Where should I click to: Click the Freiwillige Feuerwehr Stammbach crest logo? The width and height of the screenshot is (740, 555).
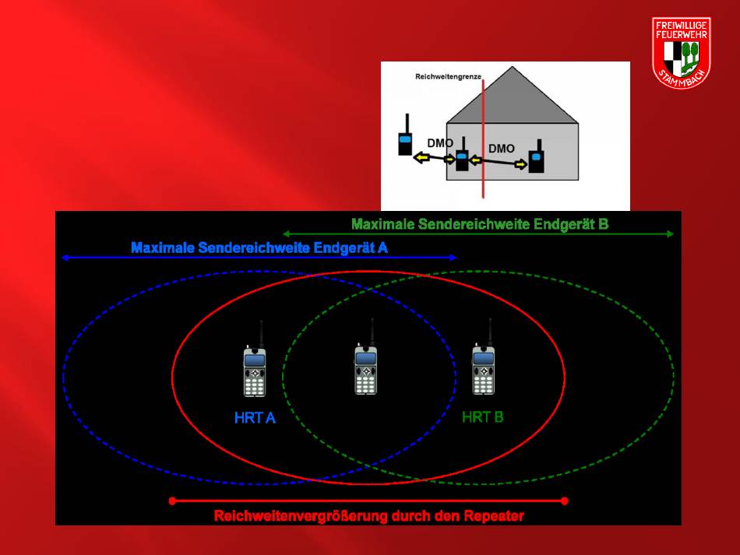682,52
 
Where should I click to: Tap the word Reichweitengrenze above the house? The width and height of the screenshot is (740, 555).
448,76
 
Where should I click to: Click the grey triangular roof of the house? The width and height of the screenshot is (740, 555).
512,95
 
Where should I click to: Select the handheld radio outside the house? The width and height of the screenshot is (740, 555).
405,135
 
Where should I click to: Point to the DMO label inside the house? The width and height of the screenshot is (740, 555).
501,149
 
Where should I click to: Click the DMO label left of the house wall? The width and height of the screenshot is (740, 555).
440,143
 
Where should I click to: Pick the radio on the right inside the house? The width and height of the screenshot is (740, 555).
536,156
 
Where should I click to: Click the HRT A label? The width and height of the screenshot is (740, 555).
255,418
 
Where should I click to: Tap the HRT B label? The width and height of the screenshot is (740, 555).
482,417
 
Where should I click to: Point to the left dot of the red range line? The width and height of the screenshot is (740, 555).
172,501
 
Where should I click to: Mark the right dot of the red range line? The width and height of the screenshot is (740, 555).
565,501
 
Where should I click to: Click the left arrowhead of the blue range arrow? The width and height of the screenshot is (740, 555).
65,258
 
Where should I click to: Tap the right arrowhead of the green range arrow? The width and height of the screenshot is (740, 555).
670,234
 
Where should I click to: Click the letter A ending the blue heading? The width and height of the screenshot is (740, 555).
382,248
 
